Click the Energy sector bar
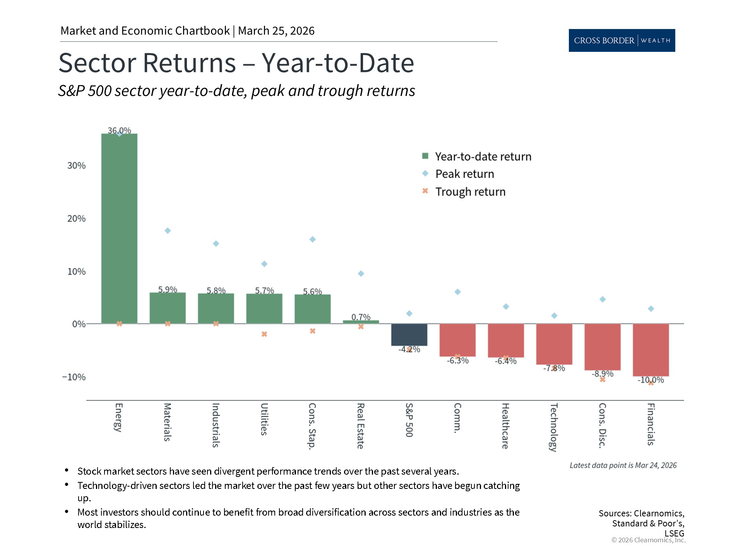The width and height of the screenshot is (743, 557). coord(119,228)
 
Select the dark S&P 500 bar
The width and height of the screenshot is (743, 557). coord(409,335)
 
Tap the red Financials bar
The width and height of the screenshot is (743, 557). coord(651,350)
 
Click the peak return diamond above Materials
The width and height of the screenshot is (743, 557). coord(168,231)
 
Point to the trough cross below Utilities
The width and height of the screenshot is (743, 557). coord(264,334)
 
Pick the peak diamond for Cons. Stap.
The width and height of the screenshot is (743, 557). coord(313,239)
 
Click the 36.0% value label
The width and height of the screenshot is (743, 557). coord(119,130)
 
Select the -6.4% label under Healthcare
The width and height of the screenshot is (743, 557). coord(505,361)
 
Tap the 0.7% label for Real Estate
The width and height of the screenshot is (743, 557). coord(361,317)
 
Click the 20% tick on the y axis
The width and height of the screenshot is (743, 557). coord(76,219)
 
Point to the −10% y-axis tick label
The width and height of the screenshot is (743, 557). coord(74,377)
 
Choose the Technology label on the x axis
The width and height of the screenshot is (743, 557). coord(554,427)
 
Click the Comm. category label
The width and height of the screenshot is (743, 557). coord(457,417)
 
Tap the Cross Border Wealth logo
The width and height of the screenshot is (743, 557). coord(621,40)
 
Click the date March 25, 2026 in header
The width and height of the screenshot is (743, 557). coord(276,31)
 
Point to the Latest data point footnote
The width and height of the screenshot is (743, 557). coord(623,465)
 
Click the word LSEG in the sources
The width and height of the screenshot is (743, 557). coord(674,533)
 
